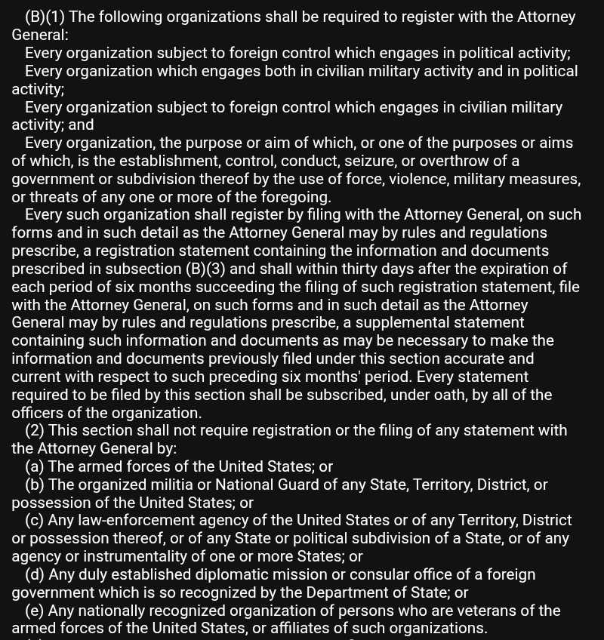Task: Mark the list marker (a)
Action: [x=34, y=466]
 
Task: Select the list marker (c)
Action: [x=34, y=521]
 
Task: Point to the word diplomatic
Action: [x=237, y=574]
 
